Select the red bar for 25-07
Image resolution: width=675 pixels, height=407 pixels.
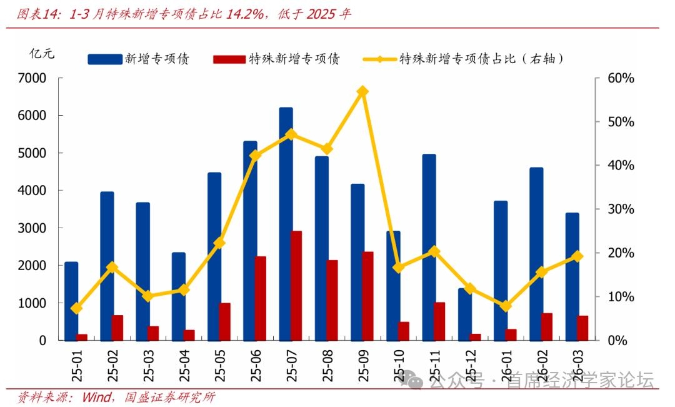[296, 286]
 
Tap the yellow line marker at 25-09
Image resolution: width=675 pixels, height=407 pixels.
[362, 91]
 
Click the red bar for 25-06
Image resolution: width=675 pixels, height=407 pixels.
[261, 298]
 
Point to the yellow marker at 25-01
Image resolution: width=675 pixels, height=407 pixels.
[76, 308]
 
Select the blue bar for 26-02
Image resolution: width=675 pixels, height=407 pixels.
[536, 254]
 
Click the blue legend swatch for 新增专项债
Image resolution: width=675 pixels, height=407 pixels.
[104, 59]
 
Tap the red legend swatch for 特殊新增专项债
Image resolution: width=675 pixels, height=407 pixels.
[229, 59]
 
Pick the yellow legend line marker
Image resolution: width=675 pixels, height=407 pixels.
[379, 59]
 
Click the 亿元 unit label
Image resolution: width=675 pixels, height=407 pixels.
[42, 54]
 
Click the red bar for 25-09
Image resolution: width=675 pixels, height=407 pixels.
[368, 296]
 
